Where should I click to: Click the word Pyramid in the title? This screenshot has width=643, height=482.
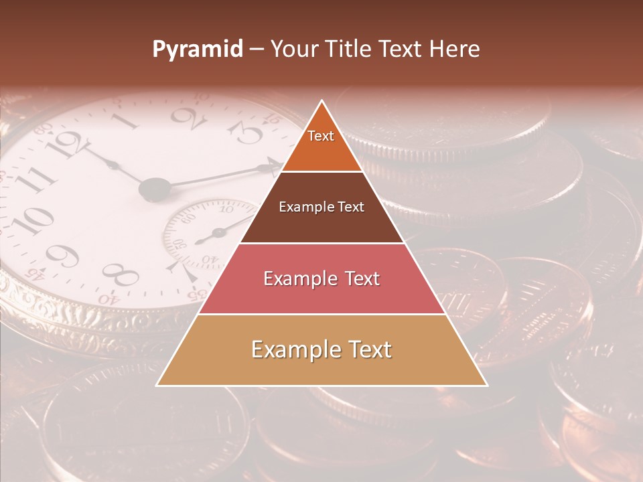[197, 50]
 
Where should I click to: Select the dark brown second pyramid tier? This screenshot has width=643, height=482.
[321, 208]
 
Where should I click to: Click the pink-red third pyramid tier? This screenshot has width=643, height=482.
[321, 278]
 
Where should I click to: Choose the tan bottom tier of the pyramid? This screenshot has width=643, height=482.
[321, 350]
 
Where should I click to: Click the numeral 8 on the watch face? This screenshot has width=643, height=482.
[121, 273]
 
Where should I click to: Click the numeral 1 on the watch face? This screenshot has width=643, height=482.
[131, 121]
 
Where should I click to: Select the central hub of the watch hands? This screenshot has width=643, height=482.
[155, 189]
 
